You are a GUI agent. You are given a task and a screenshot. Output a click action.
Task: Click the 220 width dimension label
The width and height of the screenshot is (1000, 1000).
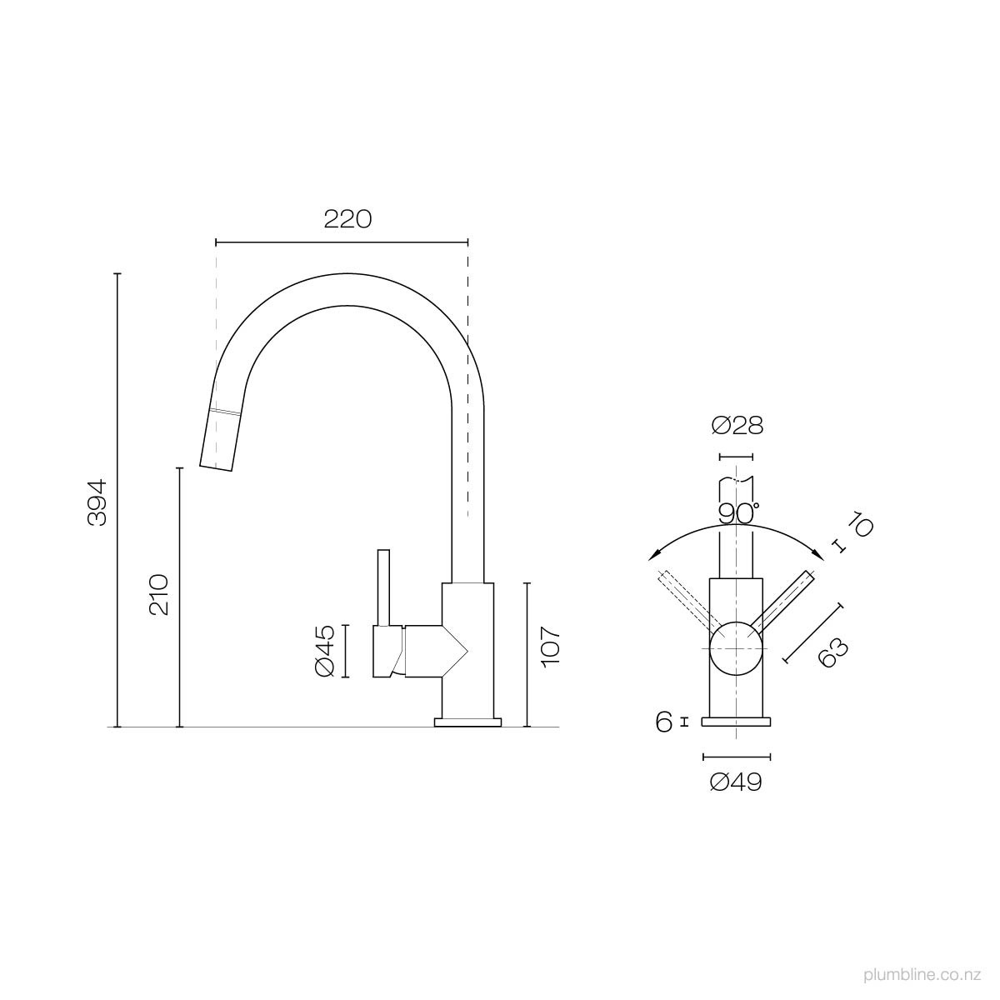coord(347,219)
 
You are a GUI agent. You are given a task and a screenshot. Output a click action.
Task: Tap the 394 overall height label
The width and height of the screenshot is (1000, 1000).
coord(97,502)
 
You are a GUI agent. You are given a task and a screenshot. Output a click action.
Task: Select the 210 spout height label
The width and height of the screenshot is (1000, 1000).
coord(159,595)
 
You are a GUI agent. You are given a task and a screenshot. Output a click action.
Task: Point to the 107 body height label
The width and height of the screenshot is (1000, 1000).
coord(549,647)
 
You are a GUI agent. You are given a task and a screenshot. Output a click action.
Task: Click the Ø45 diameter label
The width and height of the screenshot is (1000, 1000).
coord(325,651)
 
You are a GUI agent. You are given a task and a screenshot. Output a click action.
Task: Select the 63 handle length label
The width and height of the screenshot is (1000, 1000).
coord(832,652)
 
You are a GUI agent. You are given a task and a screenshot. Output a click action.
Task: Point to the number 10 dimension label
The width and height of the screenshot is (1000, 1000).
coord(860,525)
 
